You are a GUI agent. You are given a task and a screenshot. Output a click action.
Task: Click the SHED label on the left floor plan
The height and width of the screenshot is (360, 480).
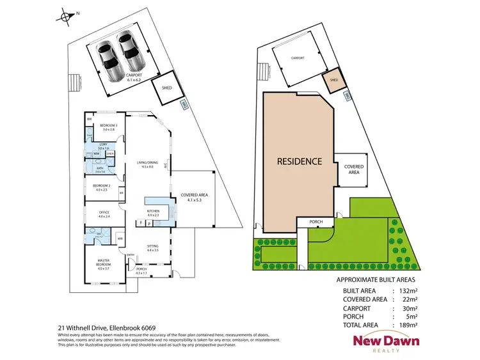pos(167,88)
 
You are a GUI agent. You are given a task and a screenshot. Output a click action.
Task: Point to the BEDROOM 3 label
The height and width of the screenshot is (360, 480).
pos(108,126)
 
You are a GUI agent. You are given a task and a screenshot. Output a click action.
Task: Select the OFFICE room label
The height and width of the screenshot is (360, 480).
pos(104,214)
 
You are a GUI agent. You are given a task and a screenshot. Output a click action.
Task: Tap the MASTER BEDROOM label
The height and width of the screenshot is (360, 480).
pos(104,262)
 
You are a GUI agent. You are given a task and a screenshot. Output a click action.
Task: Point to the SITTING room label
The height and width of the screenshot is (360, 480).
pos(152,246)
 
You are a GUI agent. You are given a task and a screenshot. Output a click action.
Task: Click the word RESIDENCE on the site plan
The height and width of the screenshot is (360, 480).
pos(299,161)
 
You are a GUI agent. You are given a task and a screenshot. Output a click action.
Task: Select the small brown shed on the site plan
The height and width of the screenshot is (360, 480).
pos(332,81)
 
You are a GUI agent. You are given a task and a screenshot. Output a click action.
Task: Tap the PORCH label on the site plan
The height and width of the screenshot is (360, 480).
pos(316,222)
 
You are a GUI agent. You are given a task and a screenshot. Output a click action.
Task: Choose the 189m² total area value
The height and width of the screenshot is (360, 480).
pos(408,325)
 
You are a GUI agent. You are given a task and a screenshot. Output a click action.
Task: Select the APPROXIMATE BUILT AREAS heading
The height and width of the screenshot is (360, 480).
pos(376,280)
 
